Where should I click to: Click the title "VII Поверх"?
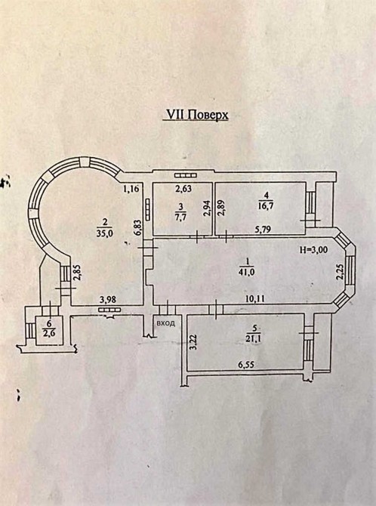tap(196, 115)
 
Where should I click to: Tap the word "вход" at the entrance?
tap(165, 323)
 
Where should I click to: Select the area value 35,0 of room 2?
tap(103, 233)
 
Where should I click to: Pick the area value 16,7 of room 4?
tap(267, 205)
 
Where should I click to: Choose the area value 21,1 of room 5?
tap(254, 339)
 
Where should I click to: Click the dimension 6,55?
tap(246, 365)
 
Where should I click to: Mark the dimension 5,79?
tap(263, 229)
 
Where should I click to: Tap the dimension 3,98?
tap(108, 300)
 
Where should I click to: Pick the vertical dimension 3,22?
tap(193, 343)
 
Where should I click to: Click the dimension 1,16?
tap(131, 189)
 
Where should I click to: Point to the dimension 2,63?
tap(183, 189)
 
